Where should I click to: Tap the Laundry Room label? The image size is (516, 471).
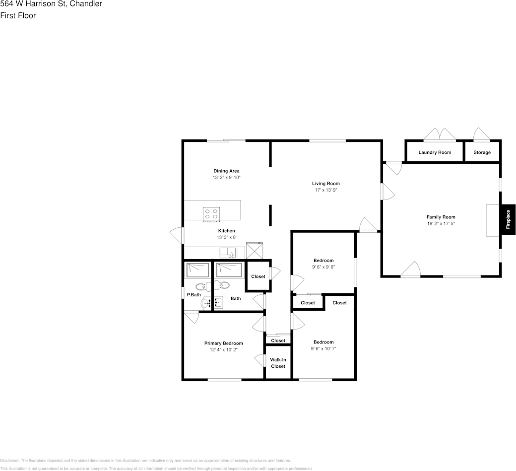point(435,152)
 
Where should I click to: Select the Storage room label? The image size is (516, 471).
point(482,152)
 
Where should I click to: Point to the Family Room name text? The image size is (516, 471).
point(441,217)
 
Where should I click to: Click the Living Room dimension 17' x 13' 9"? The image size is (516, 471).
point(326,190)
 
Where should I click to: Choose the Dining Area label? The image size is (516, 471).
point(226,171)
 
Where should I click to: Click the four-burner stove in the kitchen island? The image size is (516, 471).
point(211,214)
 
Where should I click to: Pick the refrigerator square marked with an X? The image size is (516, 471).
point(255,250)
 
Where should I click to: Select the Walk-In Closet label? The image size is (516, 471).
point(278,363)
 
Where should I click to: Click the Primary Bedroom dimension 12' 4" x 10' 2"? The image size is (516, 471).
point(224,350)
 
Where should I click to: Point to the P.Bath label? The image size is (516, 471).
point(193,295)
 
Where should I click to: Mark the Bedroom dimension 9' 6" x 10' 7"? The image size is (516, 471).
point(323,348)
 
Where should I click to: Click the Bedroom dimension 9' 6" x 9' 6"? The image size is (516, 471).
point(323,267)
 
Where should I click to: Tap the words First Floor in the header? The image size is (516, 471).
point(18,15)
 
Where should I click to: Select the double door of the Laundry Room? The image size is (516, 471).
point(439,135)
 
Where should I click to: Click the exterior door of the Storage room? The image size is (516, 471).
point(481,135)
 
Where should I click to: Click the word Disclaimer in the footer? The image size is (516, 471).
point(9,461)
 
